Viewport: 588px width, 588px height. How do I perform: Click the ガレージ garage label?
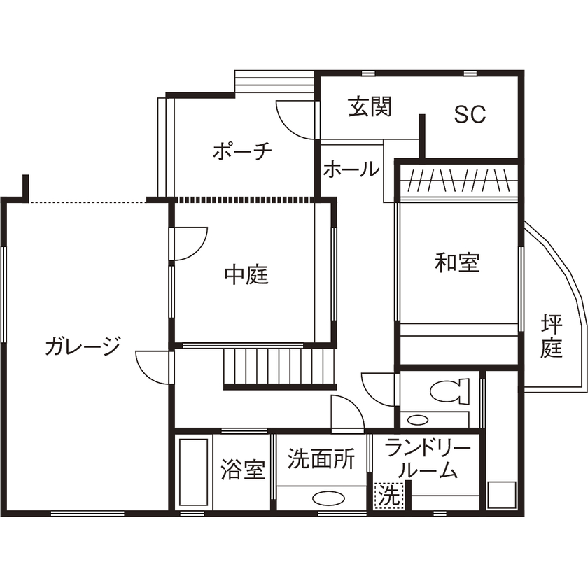coord(83,346)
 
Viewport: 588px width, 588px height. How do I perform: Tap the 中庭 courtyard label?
coord(246,275)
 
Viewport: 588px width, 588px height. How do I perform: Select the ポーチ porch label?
coord(241,152)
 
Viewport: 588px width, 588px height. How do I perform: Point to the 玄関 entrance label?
coord(370,108)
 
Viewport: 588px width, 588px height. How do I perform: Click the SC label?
coord(469,115)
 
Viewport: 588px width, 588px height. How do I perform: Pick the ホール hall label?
coord(351,169)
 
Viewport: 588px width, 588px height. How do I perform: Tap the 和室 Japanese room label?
coord(457,263)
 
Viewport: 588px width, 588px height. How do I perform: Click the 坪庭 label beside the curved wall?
coord(552,336)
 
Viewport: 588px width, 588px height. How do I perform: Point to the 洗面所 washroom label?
coord(321,459)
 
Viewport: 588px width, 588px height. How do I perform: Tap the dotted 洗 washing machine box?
coord(388,496)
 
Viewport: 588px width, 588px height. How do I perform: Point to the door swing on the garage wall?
coord(153,366)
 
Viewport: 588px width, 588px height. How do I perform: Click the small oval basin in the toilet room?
coord(417,420)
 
